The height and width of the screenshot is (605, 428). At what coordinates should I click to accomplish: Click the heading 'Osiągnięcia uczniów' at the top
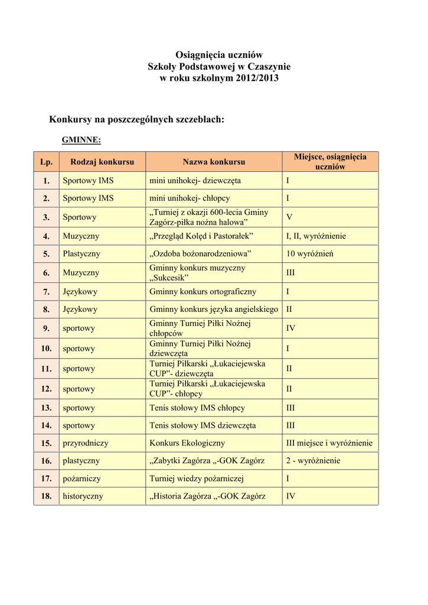click(219, 55)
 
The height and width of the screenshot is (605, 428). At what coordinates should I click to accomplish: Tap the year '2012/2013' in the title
click(253, 78)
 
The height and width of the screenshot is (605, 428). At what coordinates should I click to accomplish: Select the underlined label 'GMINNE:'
click(81, 139)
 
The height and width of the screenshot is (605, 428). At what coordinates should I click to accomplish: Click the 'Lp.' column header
click(47, 162)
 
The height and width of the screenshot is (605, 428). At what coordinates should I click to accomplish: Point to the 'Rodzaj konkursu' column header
click(102, 162)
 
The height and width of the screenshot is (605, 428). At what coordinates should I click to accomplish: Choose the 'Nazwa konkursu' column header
click(214, 162)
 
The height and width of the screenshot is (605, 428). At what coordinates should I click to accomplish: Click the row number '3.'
click(46, 217)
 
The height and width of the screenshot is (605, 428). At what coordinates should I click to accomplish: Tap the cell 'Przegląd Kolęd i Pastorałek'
click(201, 236)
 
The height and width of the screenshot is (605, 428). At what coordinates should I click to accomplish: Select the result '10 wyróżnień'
click(310, 254)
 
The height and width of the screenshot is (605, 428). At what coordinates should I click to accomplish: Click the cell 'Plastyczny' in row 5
click(81, 254)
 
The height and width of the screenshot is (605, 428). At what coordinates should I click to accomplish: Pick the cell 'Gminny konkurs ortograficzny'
click(203, 291)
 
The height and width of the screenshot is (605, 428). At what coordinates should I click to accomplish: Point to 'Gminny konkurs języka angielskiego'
click(214, 309)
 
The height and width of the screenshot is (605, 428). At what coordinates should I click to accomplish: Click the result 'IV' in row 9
click(291, 328)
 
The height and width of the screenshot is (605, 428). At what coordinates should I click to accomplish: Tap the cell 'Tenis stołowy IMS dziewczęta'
click(202, 425)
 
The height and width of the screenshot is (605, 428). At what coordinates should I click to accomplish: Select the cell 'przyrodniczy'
click(86, 443)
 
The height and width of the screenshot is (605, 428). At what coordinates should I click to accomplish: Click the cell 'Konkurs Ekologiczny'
click(187, 443)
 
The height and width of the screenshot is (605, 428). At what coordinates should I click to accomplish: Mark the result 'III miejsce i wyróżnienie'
click(329, 443)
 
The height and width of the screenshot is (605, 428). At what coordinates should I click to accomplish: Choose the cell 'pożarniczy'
click(81, 479)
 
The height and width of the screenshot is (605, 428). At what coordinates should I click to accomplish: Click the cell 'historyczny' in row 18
click(83, 496)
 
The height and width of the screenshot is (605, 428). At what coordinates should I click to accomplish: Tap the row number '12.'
click(46, 389)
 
